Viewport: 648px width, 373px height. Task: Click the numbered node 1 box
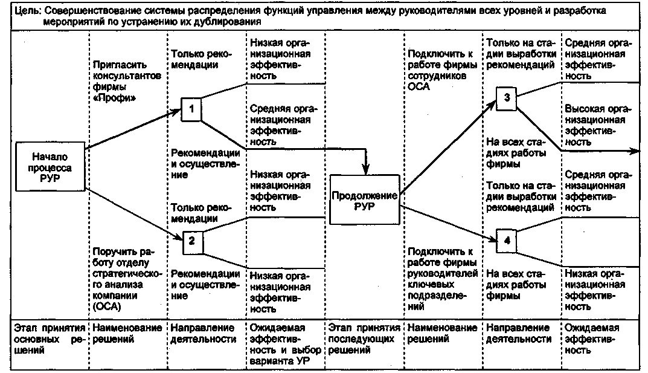tap(191, 110)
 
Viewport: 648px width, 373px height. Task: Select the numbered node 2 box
tap(191, 241)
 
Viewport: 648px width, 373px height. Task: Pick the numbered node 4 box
tap(507, 240)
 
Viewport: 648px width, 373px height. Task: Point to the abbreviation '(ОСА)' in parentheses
tap(107, 307)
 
